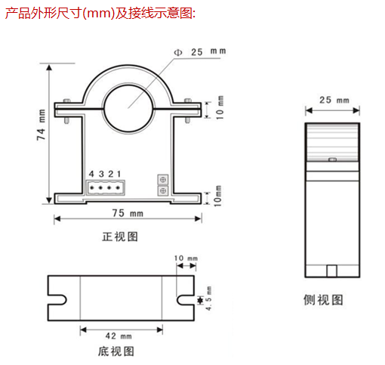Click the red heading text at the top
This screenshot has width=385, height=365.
click(x=100, y=13)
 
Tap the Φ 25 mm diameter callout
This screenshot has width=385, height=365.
click(x=200, y=52)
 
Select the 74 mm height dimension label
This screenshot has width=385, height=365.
click(x=42, y=125)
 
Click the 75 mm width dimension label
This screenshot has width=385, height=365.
click(x=128, y=213)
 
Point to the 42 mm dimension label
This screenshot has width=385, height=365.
click(x=119, y=336)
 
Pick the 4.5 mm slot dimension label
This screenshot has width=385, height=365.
click(x=208, y=298)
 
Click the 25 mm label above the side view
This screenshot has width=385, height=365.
click(x=334, y=100)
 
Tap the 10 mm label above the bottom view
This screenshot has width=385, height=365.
click(x=186, y=258)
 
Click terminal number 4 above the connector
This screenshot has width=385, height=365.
click(x=91, y=174)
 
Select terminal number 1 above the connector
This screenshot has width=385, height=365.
click(x=119, y=174)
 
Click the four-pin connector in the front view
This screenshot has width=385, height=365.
click(x=106, y=187)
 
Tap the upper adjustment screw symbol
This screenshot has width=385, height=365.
click(x=163, y=180)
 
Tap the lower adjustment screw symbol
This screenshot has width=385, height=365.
click(x=163, y=190)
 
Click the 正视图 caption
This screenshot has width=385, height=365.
click(x=120, y=237)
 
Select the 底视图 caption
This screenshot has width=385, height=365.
click(x=116, y=351)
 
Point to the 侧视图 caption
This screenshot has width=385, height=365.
click(x=323, y=300)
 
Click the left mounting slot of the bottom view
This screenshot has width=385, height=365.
click(x=57, y=300)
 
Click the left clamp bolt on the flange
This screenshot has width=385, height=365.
click(x=66, y=111)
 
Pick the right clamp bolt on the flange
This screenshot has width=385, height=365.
click(x=188, y=111)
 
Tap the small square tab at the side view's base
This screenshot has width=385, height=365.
click(x=331, y=271)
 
